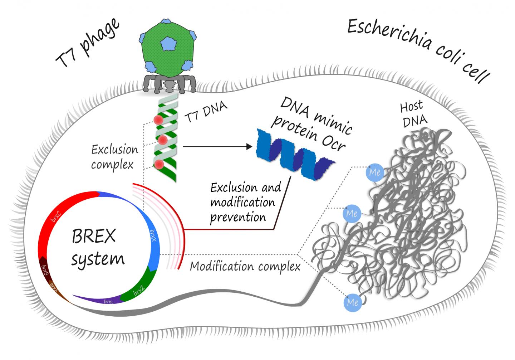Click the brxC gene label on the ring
pyautogui.click(x=56, y=216)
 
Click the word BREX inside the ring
pyautogui.click(x=94, y=236)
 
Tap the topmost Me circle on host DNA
pyautogui.click(x=374, y=172)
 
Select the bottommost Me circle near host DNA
pyautogui.click(x=352, y=302)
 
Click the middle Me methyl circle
pyautogui.click(x=352, y=214)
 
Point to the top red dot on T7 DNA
pyautogui.click(x=158, y=121)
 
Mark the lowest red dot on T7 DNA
pyautogui.click(x=160, y=165)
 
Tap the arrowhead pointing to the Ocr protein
pyautogui.click(x=249, y=146)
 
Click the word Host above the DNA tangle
pyautogui.click(x=411, y=107)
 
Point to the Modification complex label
pyautogui.click(x=245, y=267)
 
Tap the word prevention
pyautogui.click(x=238, y=217)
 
